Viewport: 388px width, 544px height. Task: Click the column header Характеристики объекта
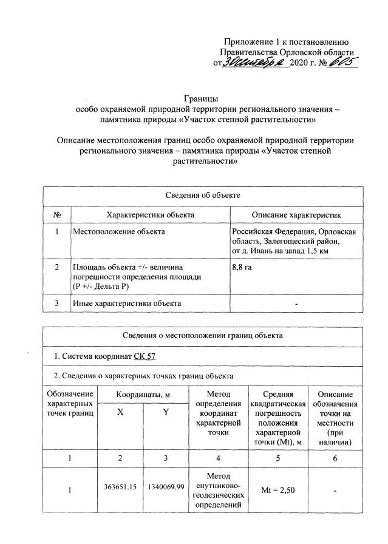coord(150,215)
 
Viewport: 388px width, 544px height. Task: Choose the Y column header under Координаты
coord(165,411)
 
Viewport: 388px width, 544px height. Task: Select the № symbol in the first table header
coord(57,215)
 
